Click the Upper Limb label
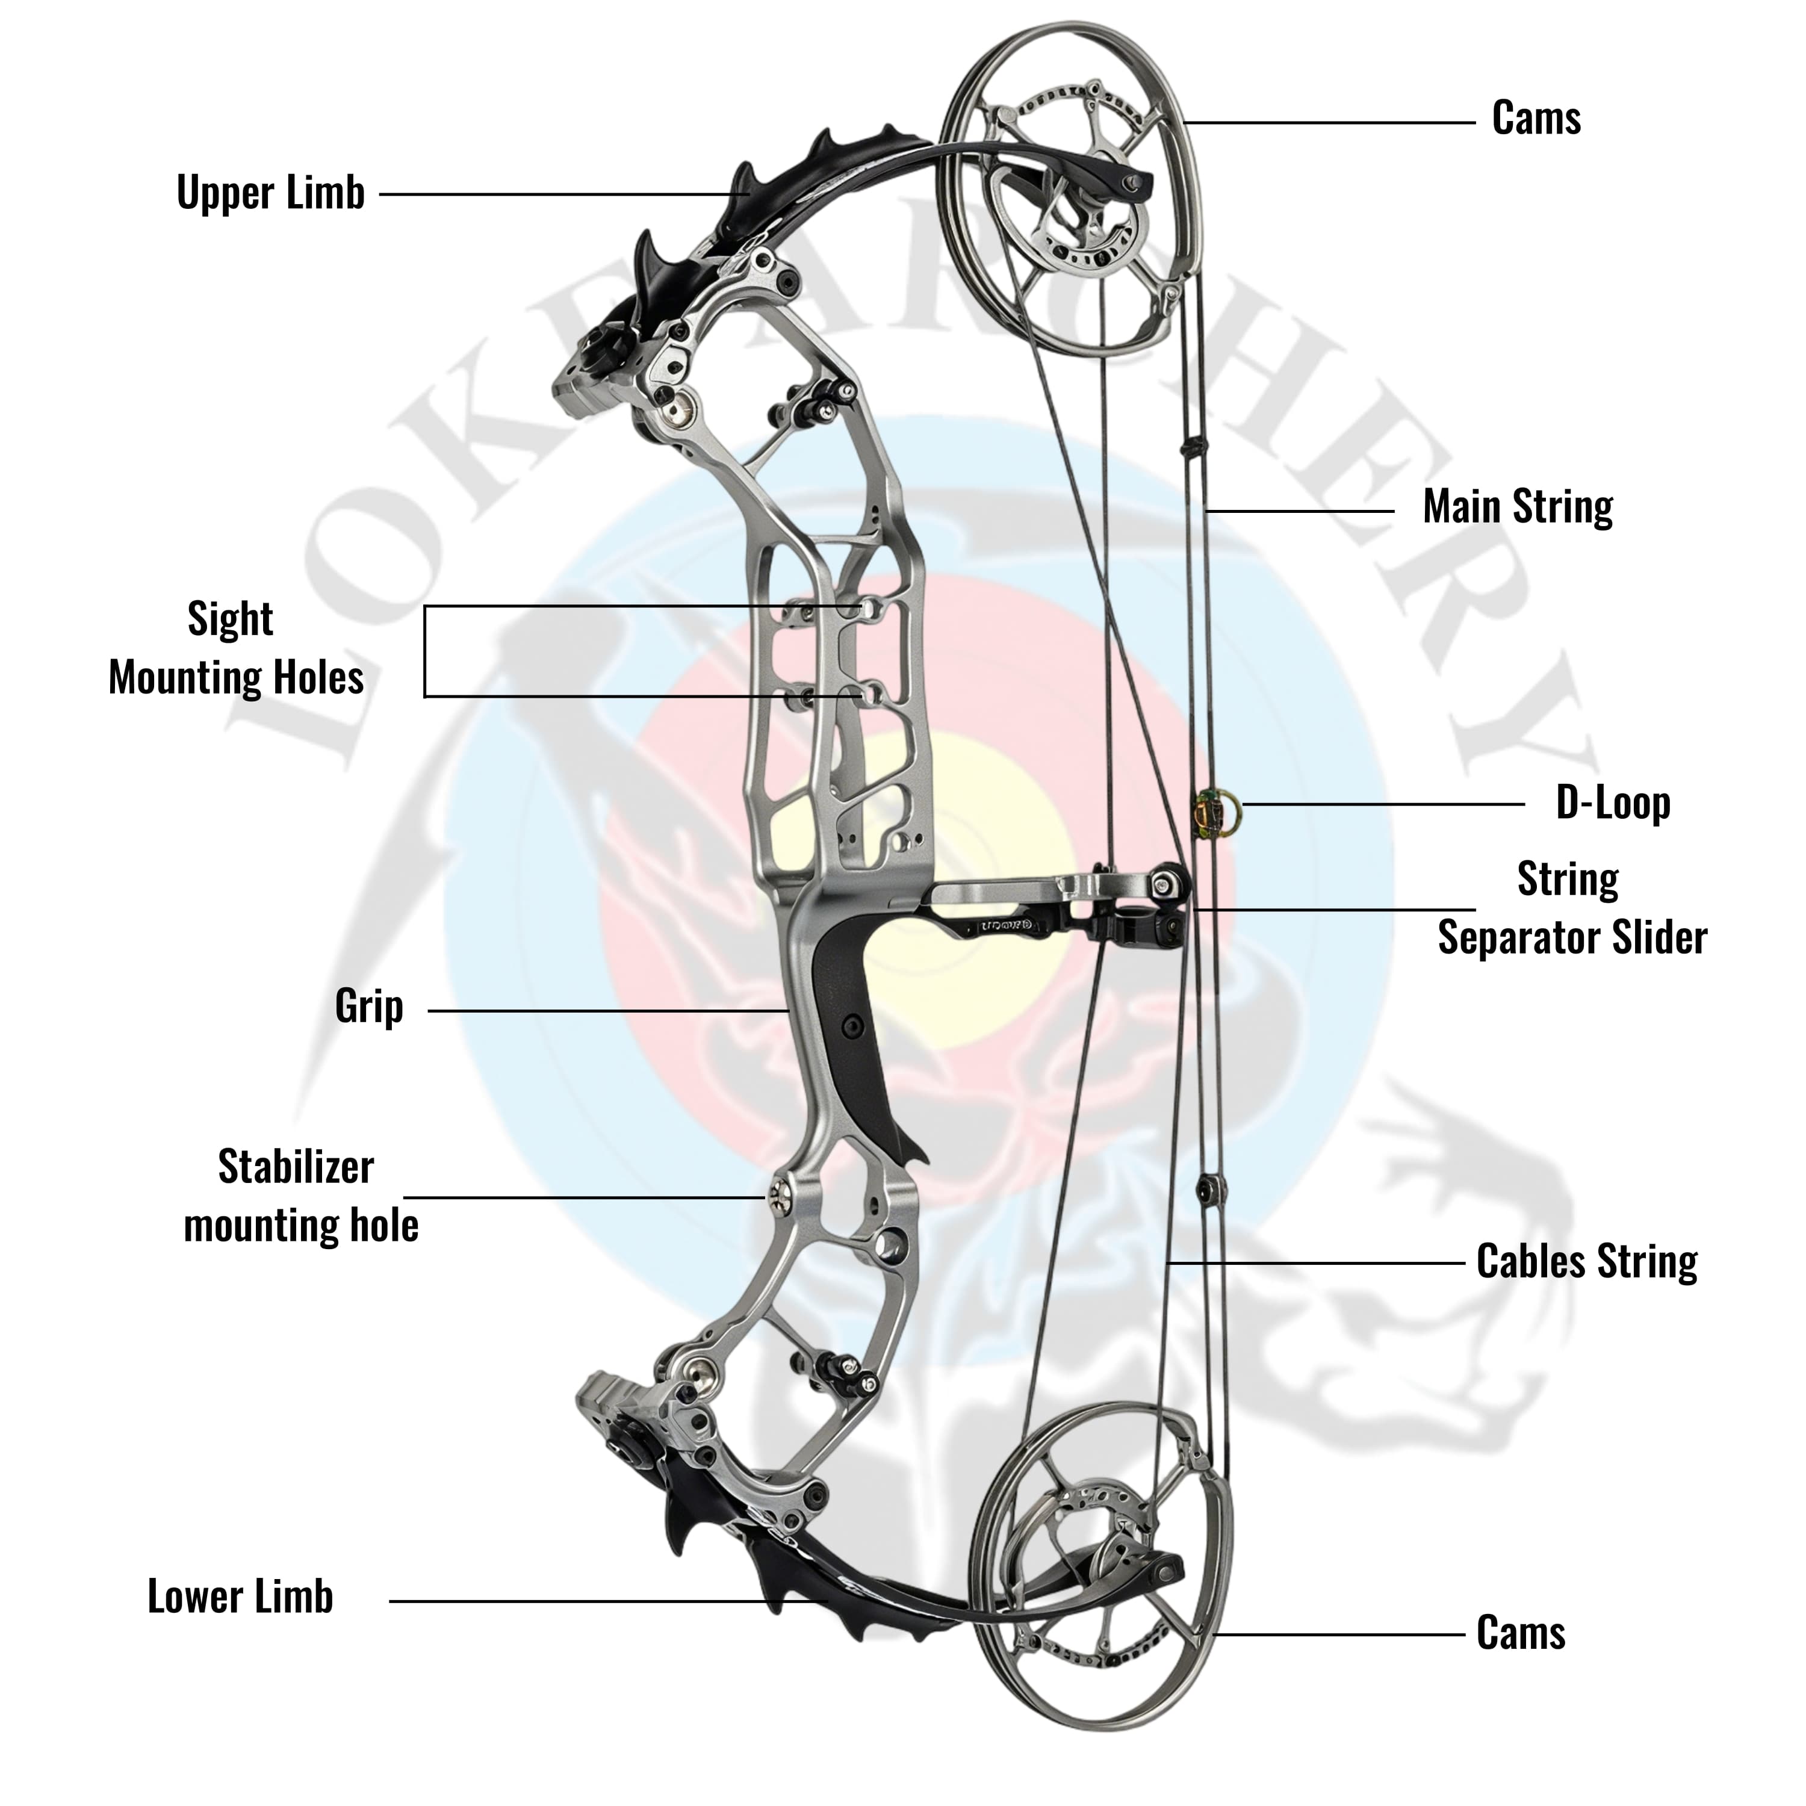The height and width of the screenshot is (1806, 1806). point(270,193)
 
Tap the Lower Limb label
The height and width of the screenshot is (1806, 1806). point(240,1597)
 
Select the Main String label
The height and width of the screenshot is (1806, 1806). point(1517,507)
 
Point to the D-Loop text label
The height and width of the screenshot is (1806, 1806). point(1613,803)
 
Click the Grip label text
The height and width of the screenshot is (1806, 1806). point(369,1007)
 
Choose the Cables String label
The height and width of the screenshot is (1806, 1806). point(1586,1261)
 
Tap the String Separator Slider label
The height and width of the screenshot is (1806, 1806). point(1571,908)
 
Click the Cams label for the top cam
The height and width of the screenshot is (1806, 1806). point(1536,119)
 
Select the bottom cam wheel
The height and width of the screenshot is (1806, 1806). point(1103,1580)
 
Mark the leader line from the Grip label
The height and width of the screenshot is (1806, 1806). point(607,1011)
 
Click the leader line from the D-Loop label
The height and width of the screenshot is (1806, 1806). point(1383,804)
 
